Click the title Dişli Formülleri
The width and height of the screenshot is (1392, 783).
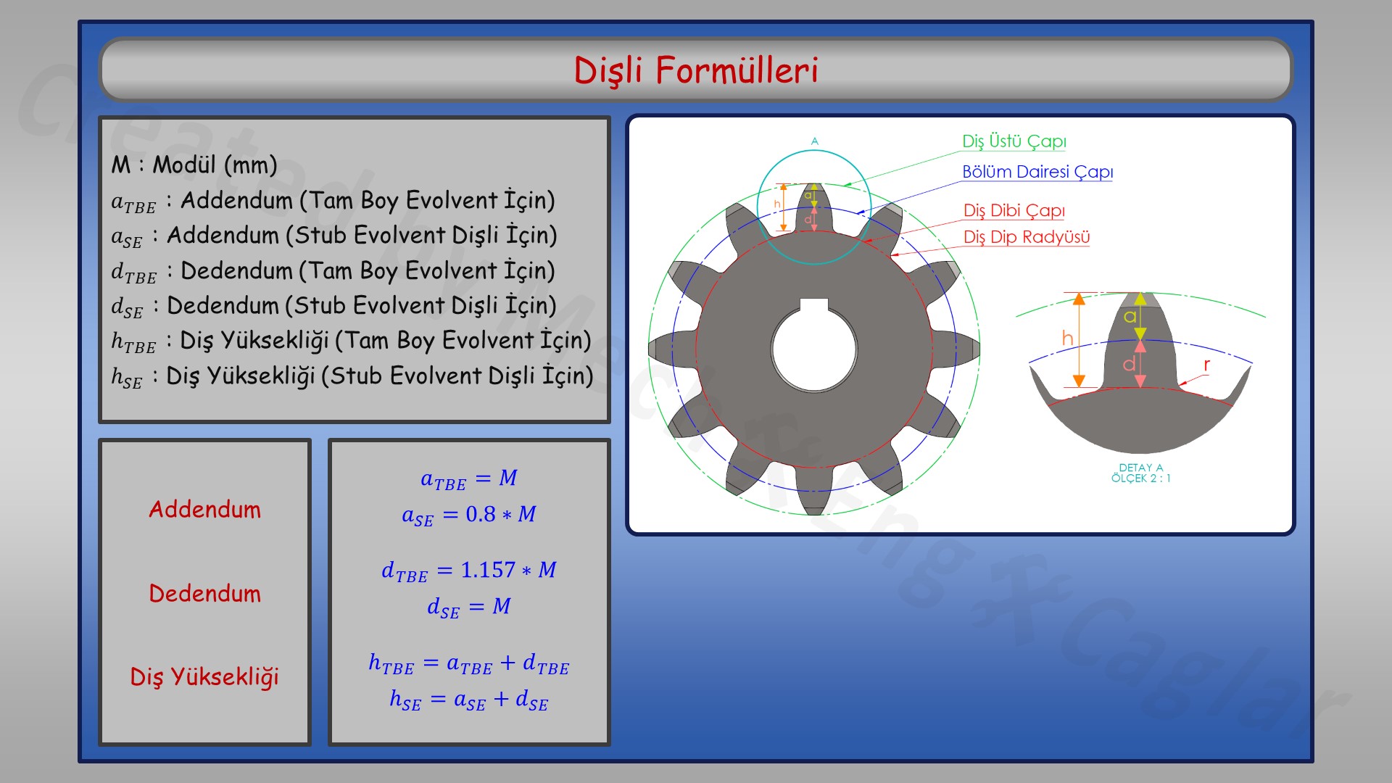(x=696, y=70)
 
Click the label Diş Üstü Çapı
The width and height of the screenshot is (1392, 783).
(x=1014, y=141)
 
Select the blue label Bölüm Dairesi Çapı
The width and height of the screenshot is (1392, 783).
(x=1037, y=172)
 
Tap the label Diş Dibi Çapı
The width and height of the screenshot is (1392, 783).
(x=1014, y=210)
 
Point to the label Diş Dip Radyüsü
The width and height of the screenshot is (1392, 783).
(x=1026, y=237)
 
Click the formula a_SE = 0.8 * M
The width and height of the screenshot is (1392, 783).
(x=469, y=515)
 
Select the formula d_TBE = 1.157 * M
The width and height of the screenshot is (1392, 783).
(x=469, y=571)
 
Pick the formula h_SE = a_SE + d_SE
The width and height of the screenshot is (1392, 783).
(x=469, y=700)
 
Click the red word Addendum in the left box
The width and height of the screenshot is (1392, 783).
(x=204, y=510)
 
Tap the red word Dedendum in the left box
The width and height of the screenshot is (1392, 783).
(x=204, y=594)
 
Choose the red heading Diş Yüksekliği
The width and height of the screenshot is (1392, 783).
(x=204, y=677)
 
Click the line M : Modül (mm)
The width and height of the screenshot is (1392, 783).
(x=194, y=165)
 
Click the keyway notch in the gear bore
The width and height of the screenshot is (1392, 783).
(x=813, y=304)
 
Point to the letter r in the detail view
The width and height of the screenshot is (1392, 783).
(x=1206, y=365)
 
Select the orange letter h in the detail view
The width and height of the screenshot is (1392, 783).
(x=1066, y=338)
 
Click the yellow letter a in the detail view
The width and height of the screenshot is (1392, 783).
(x=1130, y=316)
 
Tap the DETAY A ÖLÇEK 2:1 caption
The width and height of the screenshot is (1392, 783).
(x=1140, y=473)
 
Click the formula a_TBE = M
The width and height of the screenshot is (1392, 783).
(x=469, y=478)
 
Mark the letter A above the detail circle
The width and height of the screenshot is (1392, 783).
(x=814, y=141)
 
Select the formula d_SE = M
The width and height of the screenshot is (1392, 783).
(x=469, y=607)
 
